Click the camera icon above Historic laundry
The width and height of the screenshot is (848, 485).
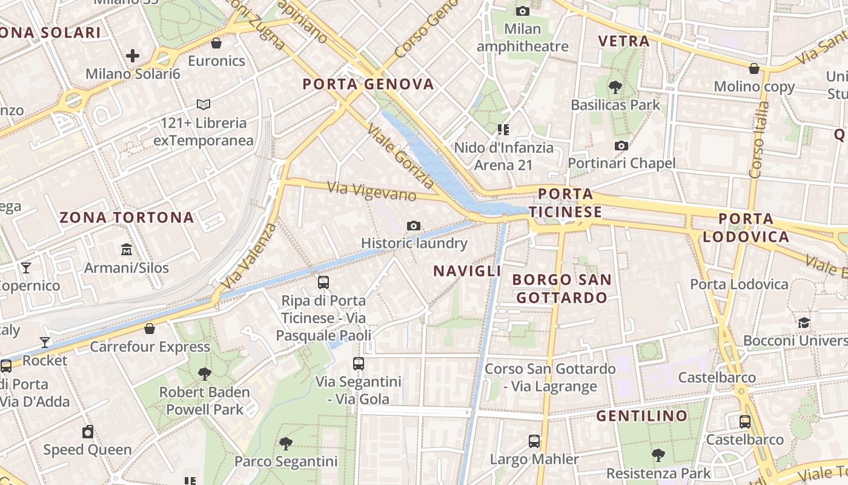[414, 226]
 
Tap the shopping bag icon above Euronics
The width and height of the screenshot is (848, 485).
[216, 43]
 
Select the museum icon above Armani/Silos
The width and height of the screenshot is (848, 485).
[127, 249]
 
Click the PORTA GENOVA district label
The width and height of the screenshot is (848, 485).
[368, 84]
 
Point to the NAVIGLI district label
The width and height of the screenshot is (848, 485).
[468, 271]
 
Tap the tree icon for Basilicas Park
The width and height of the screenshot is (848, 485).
[615, 87]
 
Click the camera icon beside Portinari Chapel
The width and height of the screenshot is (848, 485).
[621, 145]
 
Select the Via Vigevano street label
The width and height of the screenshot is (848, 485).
[372, 192]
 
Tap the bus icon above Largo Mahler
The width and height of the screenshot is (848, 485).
[534, 441]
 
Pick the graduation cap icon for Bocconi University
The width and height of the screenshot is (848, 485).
[804, 323]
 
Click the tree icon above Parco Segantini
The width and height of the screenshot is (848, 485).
[286, 443]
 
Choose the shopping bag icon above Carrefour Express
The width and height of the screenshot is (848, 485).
[150, 329]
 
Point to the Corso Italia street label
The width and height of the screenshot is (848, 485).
[759, 139]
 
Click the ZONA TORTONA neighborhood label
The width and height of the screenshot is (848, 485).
[127, 218]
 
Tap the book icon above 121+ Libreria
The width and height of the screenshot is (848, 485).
[204, 105]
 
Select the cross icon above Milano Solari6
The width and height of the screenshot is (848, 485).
[133, 56]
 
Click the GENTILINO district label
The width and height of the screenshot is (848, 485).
[642, 416]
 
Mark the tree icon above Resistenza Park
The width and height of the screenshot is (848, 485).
[658, 455]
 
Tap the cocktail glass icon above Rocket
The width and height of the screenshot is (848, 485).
[45, 343]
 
